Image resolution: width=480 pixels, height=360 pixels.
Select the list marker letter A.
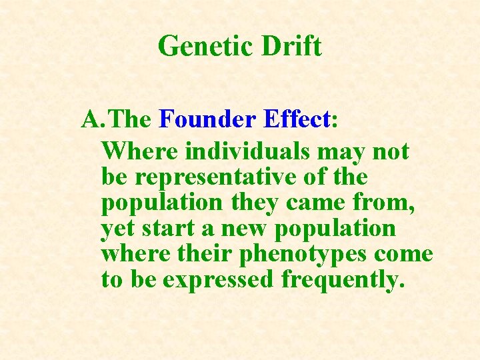91,119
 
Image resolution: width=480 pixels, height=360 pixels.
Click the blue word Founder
208,119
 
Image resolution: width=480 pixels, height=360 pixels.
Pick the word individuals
247,152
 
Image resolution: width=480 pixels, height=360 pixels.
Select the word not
391,152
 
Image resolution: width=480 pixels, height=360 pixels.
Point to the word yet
118,229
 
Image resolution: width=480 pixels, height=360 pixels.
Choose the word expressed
219,280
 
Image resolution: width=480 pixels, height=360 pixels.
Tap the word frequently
343,280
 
